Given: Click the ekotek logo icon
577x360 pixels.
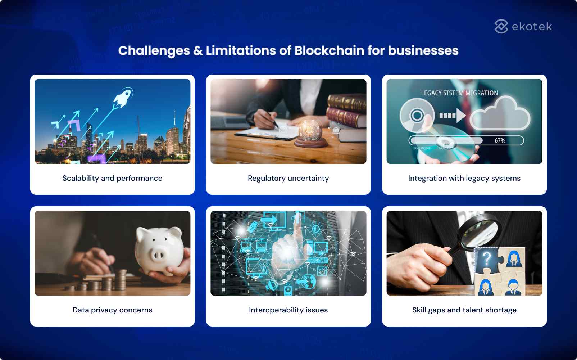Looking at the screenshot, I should click(501, 26).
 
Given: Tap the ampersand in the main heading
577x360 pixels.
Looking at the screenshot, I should click(198, 51).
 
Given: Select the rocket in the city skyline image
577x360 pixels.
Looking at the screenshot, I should click(122, 96).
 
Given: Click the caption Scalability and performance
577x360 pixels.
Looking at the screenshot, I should click(112, 178).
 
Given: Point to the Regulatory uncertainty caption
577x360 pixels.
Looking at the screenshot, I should click(288, 178).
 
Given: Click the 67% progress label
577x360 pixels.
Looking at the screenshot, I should click(500, 140).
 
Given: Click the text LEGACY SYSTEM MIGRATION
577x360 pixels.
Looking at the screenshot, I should click(459, 93).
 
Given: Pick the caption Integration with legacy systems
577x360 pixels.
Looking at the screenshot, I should click(464, 178).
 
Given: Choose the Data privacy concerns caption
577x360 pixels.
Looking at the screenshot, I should click(112, 310).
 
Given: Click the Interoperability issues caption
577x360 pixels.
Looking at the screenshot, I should click(288, 310).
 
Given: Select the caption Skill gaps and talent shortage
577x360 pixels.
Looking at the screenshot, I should click(464, 310).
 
